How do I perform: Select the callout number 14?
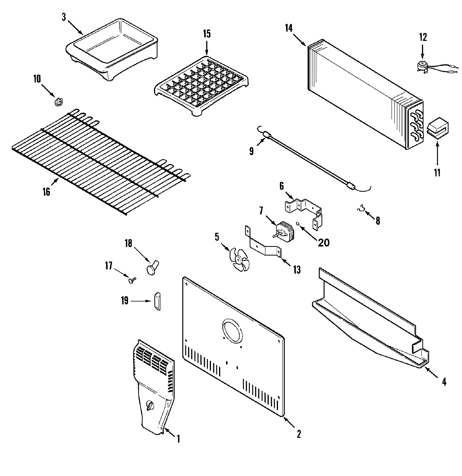tap(289, 28)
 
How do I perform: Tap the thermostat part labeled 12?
tap(423, 66)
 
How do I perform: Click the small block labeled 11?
tap(437, 127)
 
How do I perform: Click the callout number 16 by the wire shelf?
tap(46, 192)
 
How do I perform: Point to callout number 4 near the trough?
tap(444, 382)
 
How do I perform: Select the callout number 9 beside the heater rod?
tap(251, 151)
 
